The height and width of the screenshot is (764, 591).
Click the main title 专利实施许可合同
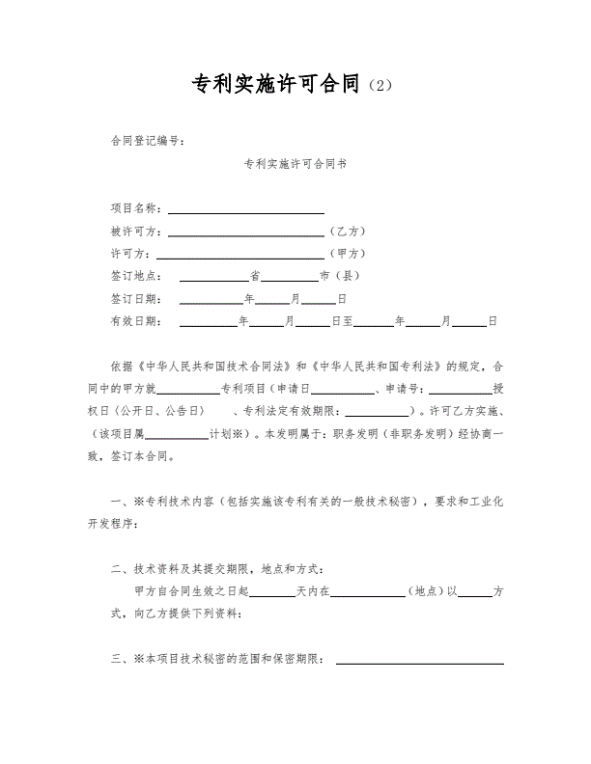[x=280, y=84]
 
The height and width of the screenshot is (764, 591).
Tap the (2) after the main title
[x=381, y=86]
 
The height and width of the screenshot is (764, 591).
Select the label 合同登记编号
[x=148, y=141]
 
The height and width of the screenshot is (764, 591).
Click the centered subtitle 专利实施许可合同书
[x=295, y=164]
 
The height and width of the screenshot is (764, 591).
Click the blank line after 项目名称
[x=246, y=209]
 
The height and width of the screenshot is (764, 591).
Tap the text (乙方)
[x=347, y=232]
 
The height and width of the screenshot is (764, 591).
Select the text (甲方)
[x=347, y=254]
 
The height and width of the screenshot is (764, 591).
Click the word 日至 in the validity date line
[x=343, y=321]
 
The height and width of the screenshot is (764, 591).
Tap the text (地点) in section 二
[x=425, y=590]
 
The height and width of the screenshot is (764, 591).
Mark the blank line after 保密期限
[x=419, y=661]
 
